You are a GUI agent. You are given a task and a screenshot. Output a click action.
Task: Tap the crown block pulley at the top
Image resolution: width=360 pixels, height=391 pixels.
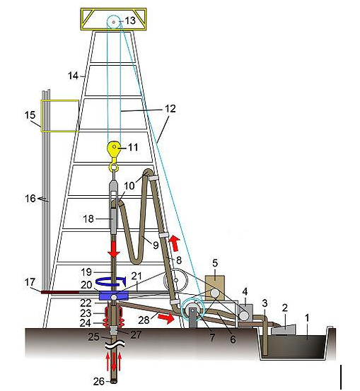tap(113, 22)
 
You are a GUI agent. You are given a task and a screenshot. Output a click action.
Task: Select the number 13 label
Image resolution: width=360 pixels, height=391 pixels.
tap(130, 21)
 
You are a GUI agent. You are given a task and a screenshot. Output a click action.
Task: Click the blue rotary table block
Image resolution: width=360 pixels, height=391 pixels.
tap(113, 296)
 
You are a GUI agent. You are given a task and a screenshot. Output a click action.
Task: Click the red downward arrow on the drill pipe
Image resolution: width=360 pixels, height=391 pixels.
tap(114, 250)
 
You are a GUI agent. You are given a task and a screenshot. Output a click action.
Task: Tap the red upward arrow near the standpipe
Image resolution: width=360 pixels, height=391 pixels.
tap(175, 243)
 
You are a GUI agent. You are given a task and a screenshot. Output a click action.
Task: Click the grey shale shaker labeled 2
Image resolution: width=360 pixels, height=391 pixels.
tap(283, 330)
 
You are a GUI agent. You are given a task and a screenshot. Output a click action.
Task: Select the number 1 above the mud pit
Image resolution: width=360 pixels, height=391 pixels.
tap(307, 318)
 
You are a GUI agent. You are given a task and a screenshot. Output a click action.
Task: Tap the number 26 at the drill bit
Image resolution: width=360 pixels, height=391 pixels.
tap(99, 381)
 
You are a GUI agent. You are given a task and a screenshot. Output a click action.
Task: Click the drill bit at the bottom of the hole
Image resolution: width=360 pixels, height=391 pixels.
tap(114, 381)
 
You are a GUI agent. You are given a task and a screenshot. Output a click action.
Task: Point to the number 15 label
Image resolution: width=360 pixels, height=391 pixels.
tap(30, 115)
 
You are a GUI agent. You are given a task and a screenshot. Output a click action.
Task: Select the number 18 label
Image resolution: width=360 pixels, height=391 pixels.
tap(88, 218)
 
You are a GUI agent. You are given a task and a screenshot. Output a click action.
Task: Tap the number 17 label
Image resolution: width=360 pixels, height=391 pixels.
tap(30, 282)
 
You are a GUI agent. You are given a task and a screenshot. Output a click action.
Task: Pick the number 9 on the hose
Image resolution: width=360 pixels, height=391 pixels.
tap(156, 245)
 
